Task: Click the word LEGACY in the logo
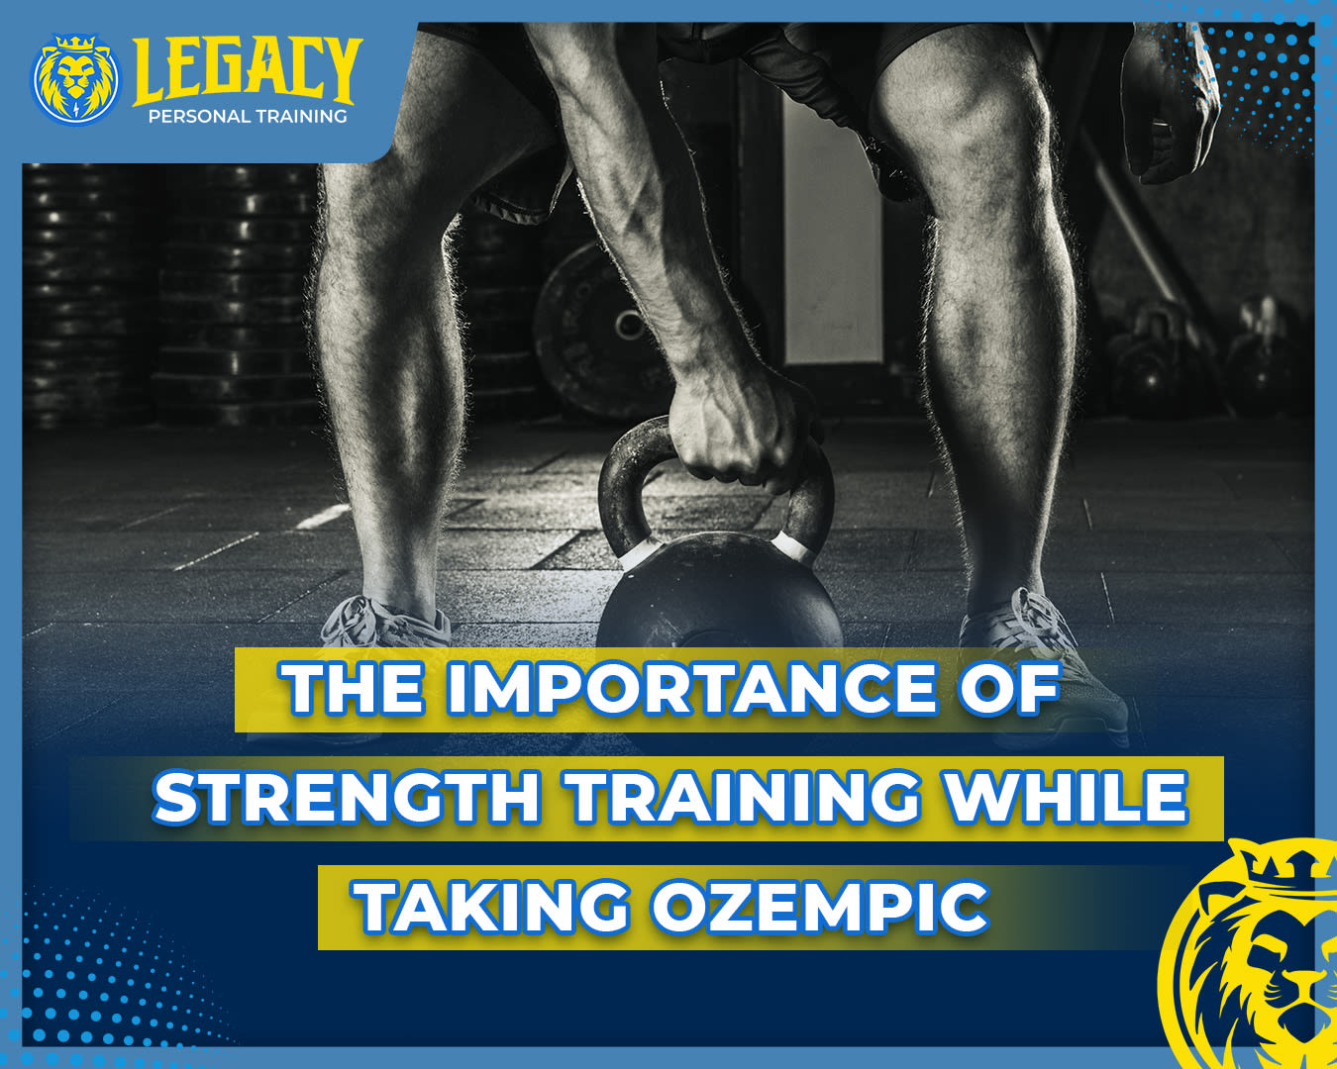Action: coord(248,70)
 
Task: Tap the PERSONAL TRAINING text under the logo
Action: coord(248,116)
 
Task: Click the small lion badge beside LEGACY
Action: coord(76,79)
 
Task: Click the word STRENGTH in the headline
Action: coord(346,797)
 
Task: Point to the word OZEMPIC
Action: coord(819,907)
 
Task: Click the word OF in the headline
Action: coord(1009,688)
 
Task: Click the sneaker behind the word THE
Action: coord(385,625)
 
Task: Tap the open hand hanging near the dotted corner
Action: coord(1168,106)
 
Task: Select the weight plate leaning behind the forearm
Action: coord(596,330)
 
